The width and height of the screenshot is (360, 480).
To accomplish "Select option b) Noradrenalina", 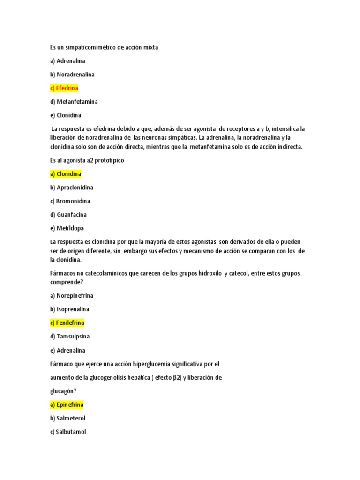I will [x=72, y=75].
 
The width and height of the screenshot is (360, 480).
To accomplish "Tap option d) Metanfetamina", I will [x=74, y=102].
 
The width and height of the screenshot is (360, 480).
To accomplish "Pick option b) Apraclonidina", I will [x=72, y=187].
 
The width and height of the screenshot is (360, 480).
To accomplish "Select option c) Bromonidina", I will [x=70, y=201].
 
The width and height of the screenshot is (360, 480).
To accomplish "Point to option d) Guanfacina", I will [x=68, y=215].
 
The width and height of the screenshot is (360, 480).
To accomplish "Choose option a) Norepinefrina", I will [x=72, y=296].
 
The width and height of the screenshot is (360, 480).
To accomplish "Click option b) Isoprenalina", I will [x=70, y=309].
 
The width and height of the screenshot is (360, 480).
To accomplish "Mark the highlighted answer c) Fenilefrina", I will [x=67, y=323].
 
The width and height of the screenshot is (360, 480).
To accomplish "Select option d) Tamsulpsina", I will [x=70, y=337].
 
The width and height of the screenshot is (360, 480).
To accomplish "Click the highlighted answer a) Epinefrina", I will [x=67, y=405].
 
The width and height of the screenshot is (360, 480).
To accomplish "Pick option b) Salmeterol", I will [x=68, y=418].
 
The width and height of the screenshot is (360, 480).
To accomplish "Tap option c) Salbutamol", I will [x=68, y=432].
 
